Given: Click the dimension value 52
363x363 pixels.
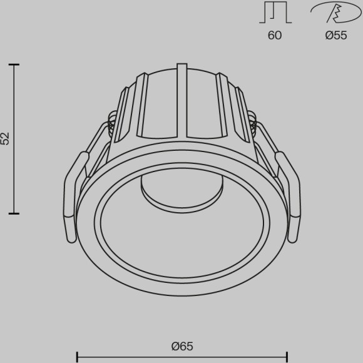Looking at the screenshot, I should pos(6,139).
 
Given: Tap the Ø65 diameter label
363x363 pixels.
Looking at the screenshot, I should pos(181,346).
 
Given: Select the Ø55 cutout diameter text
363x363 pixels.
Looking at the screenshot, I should pos(336,35).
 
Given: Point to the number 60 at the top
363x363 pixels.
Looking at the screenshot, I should pos(275,35).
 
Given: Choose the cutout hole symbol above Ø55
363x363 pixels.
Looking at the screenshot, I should pos(335,13).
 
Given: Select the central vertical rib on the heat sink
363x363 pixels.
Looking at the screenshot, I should pos(182,100).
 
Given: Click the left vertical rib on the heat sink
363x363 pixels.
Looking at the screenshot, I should pos(142,103).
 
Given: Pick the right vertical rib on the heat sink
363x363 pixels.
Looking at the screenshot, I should pos(221,103).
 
